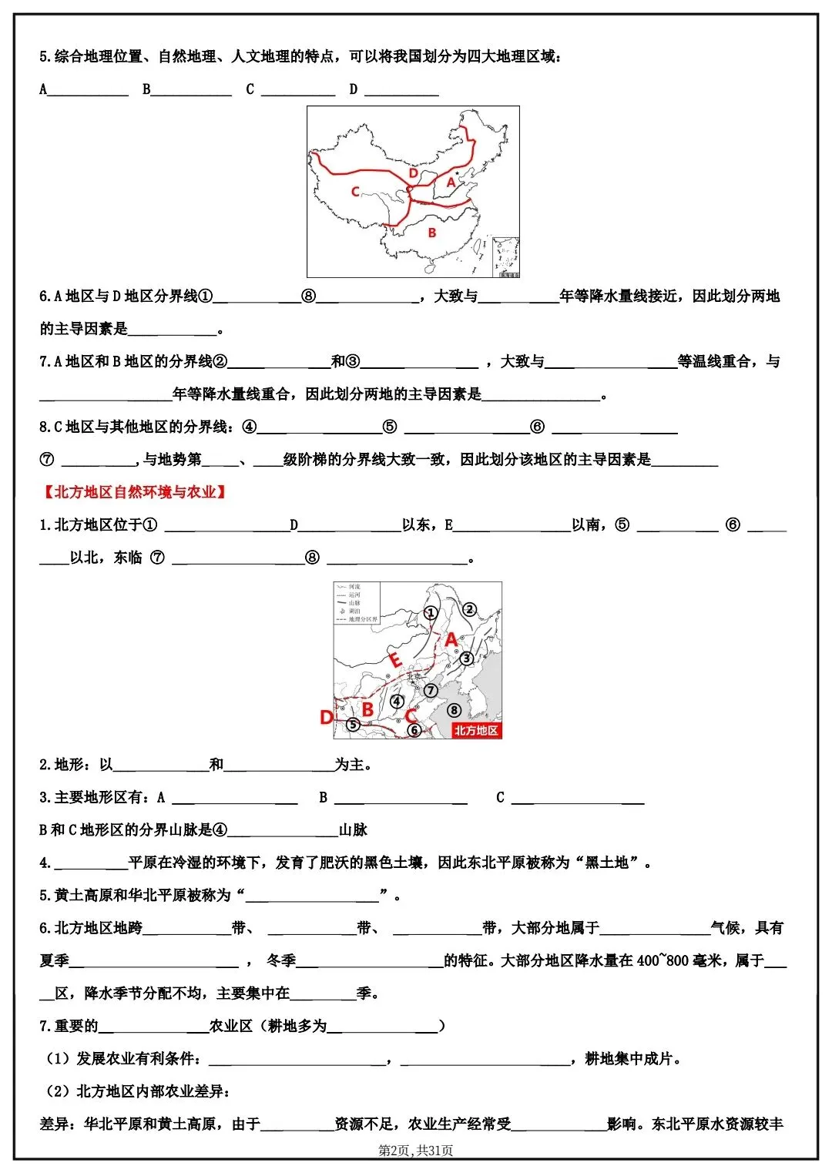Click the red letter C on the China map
click(355, 192)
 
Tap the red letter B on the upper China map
click(432, 233)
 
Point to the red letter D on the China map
click(414, 174)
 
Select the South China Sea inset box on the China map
click(505, 257)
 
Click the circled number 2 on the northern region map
click(470, 610)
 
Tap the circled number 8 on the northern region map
click(455, 710)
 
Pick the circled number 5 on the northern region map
click(353, 725)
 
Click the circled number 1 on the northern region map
click(431, 613)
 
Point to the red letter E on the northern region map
click(396, 660)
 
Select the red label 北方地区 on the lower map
click(475, 730)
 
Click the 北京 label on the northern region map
click(414, 677)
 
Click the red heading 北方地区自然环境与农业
click(135, 492)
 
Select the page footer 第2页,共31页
click(416, 1151)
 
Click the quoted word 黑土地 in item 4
click(607, 863)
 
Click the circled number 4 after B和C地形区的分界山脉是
click(220, 830)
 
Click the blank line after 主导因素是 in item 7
click(541, 395)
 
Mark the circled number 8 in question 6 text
click(309, 297)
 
